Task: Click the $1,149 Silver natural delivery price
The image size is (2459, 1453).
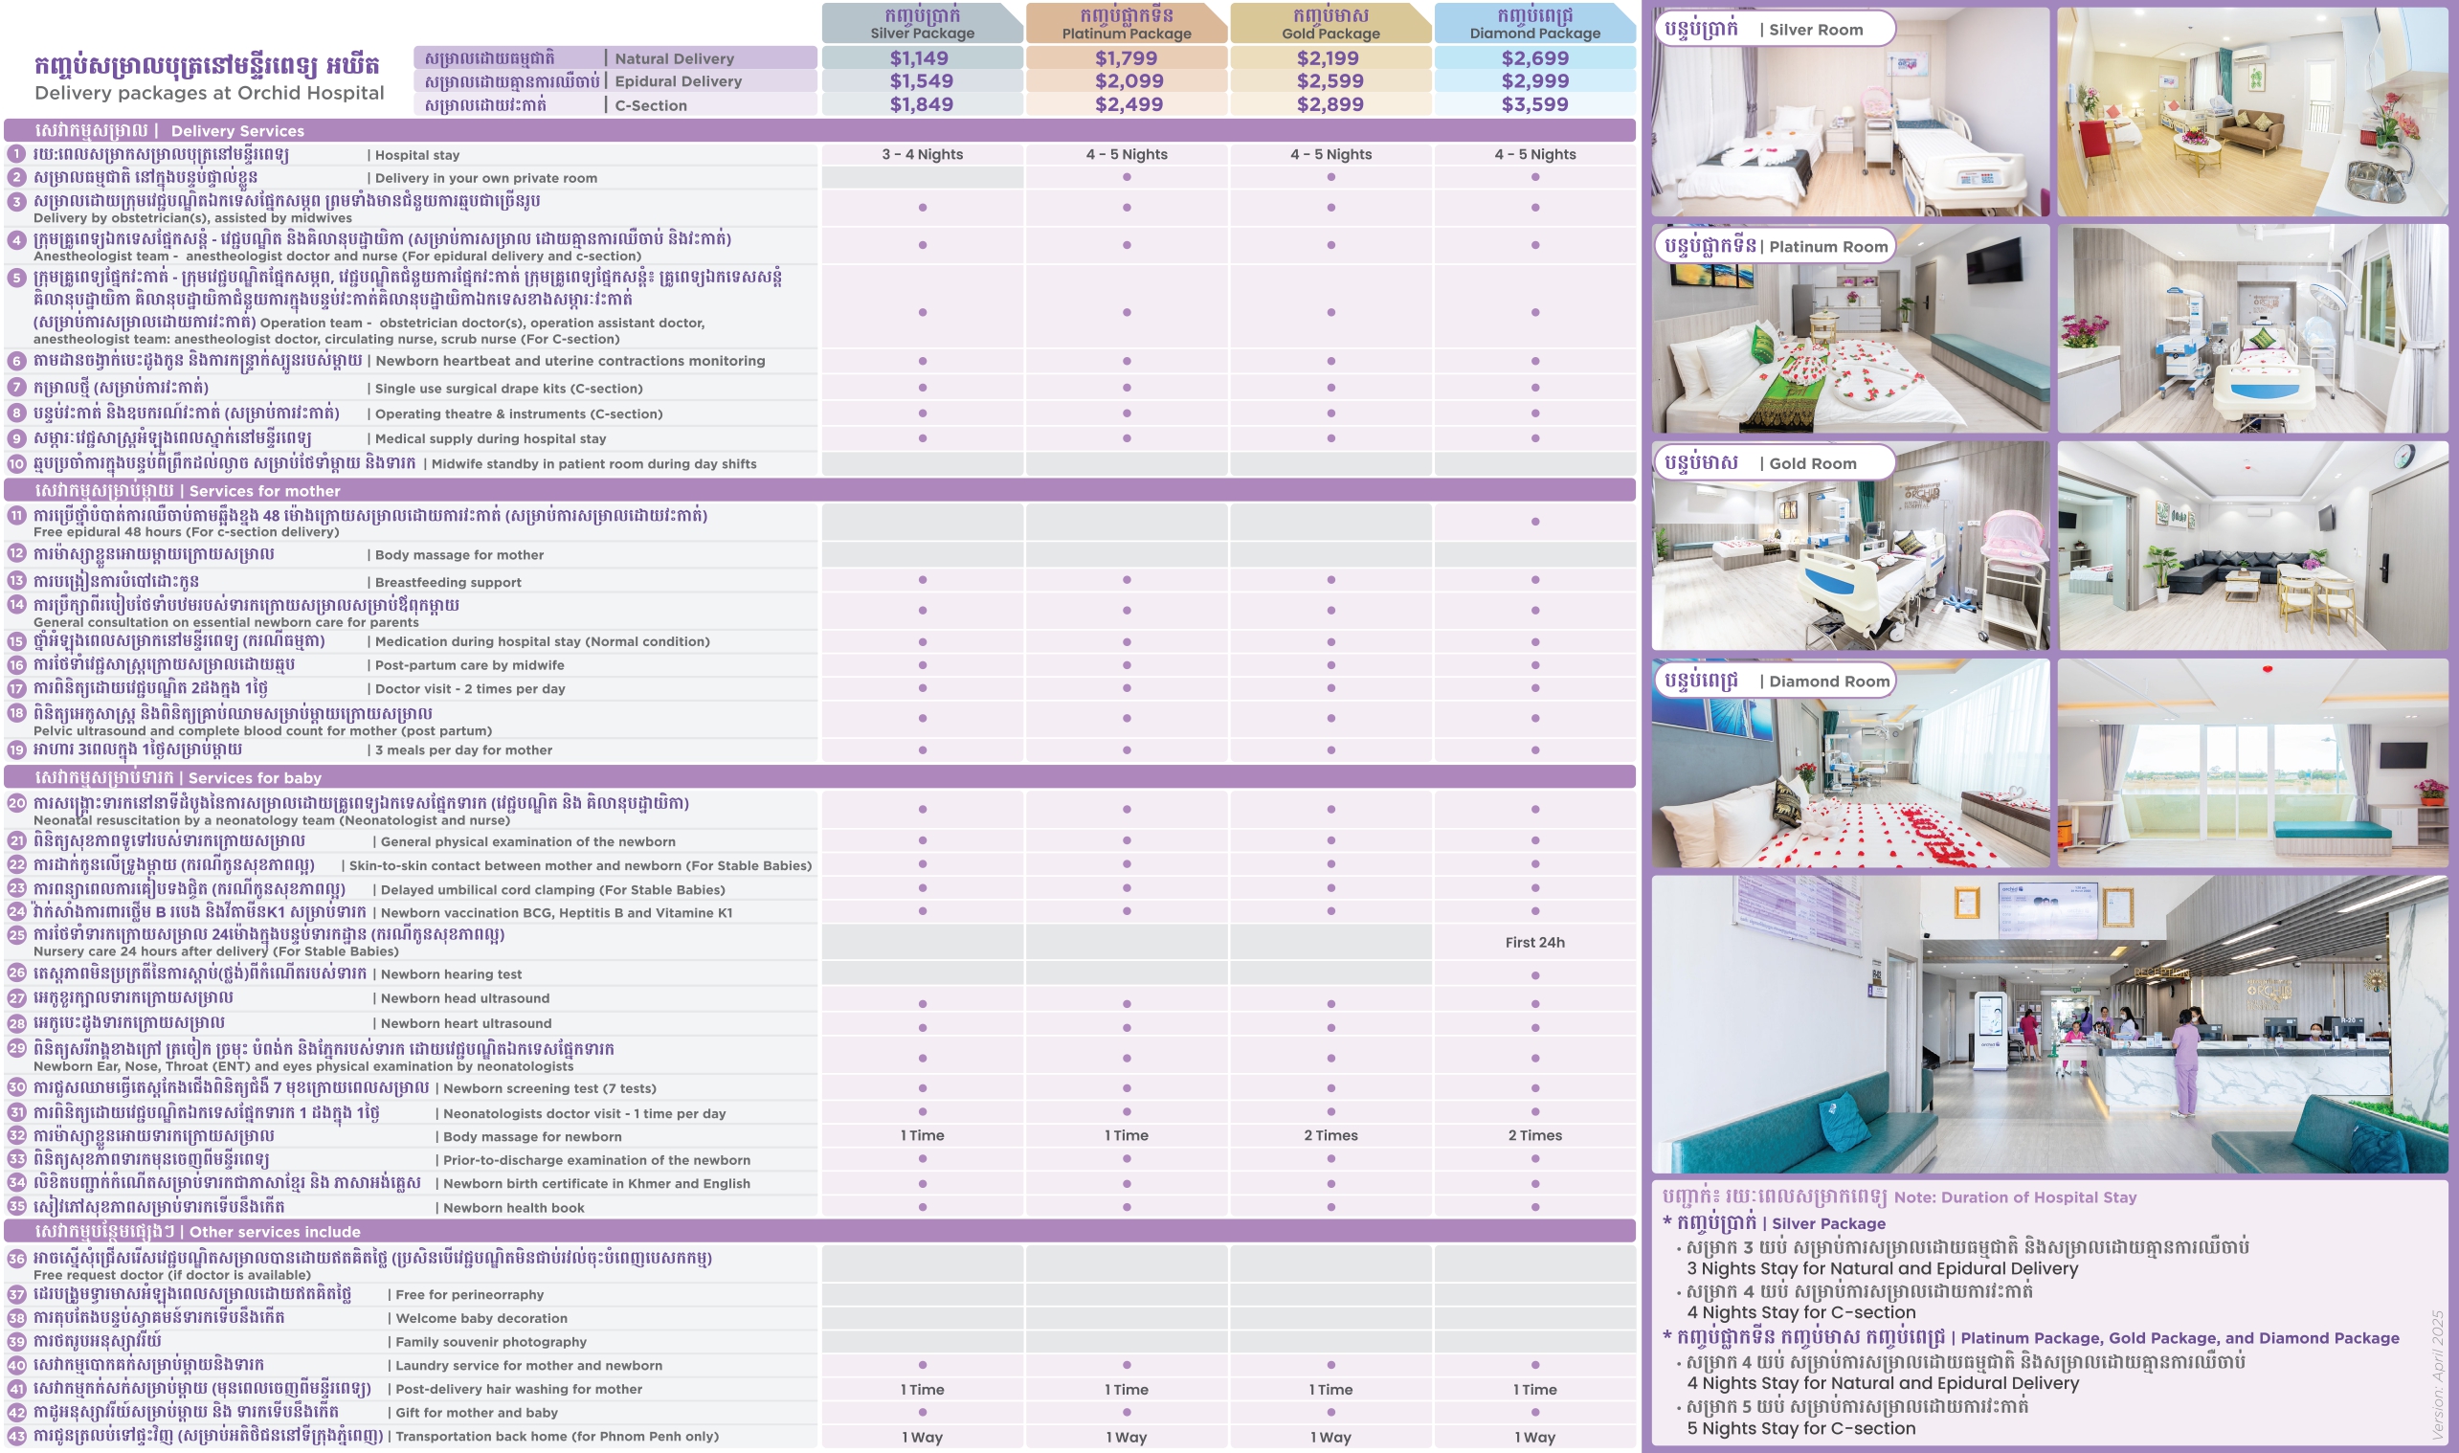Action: (919, 58)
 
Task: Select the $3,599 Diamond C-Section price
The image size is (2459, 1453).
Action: (1534, 104)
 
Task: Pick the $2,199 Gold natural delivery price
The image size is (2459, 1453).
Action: (1330, 58)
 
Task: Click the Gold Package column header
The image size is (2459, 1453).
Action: (1330, 25)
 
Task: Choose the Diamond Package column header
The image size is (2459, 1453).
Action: (1534, 25)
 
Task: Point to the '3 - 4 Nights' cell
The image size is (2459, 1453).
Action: (922, 155)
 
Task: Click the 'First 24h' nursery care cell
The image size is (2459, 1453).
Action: (1534, 943)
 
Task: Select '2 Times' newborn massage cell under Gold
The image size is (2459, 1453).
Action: (1330, 1136)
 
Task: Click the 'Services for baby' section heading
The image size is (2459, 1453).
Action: (255, 778)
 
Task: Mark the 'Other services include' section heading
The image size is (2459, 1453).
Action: (274, 1232)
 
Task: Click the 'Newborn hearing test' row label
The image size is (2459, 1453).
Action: (450, 974)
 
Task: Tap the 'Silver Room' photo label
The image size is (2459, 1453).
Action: (1815, 31)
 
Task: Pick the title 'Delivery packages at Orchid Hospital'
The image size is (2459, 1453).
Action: (210, 93)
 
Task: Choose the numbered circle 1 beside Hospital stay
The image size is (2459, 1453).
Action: (16, 155)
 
